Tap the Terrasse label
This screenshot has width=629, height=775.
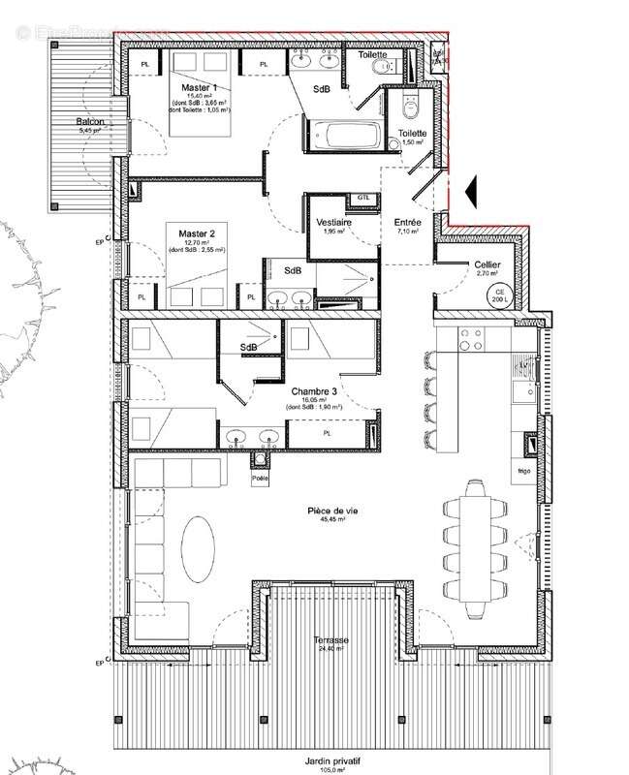tap(330, 640)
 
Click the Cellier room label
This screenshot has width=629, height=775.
tap(486, 264)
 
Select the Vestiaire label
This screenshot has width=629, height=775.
tap(333, 222)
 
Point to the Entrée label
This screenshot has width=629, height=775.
tap(408, 222)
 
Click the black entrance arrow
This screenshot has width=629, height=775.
tap(470, 191)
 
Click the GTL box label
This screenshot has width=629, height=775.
tap(364, 197)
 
